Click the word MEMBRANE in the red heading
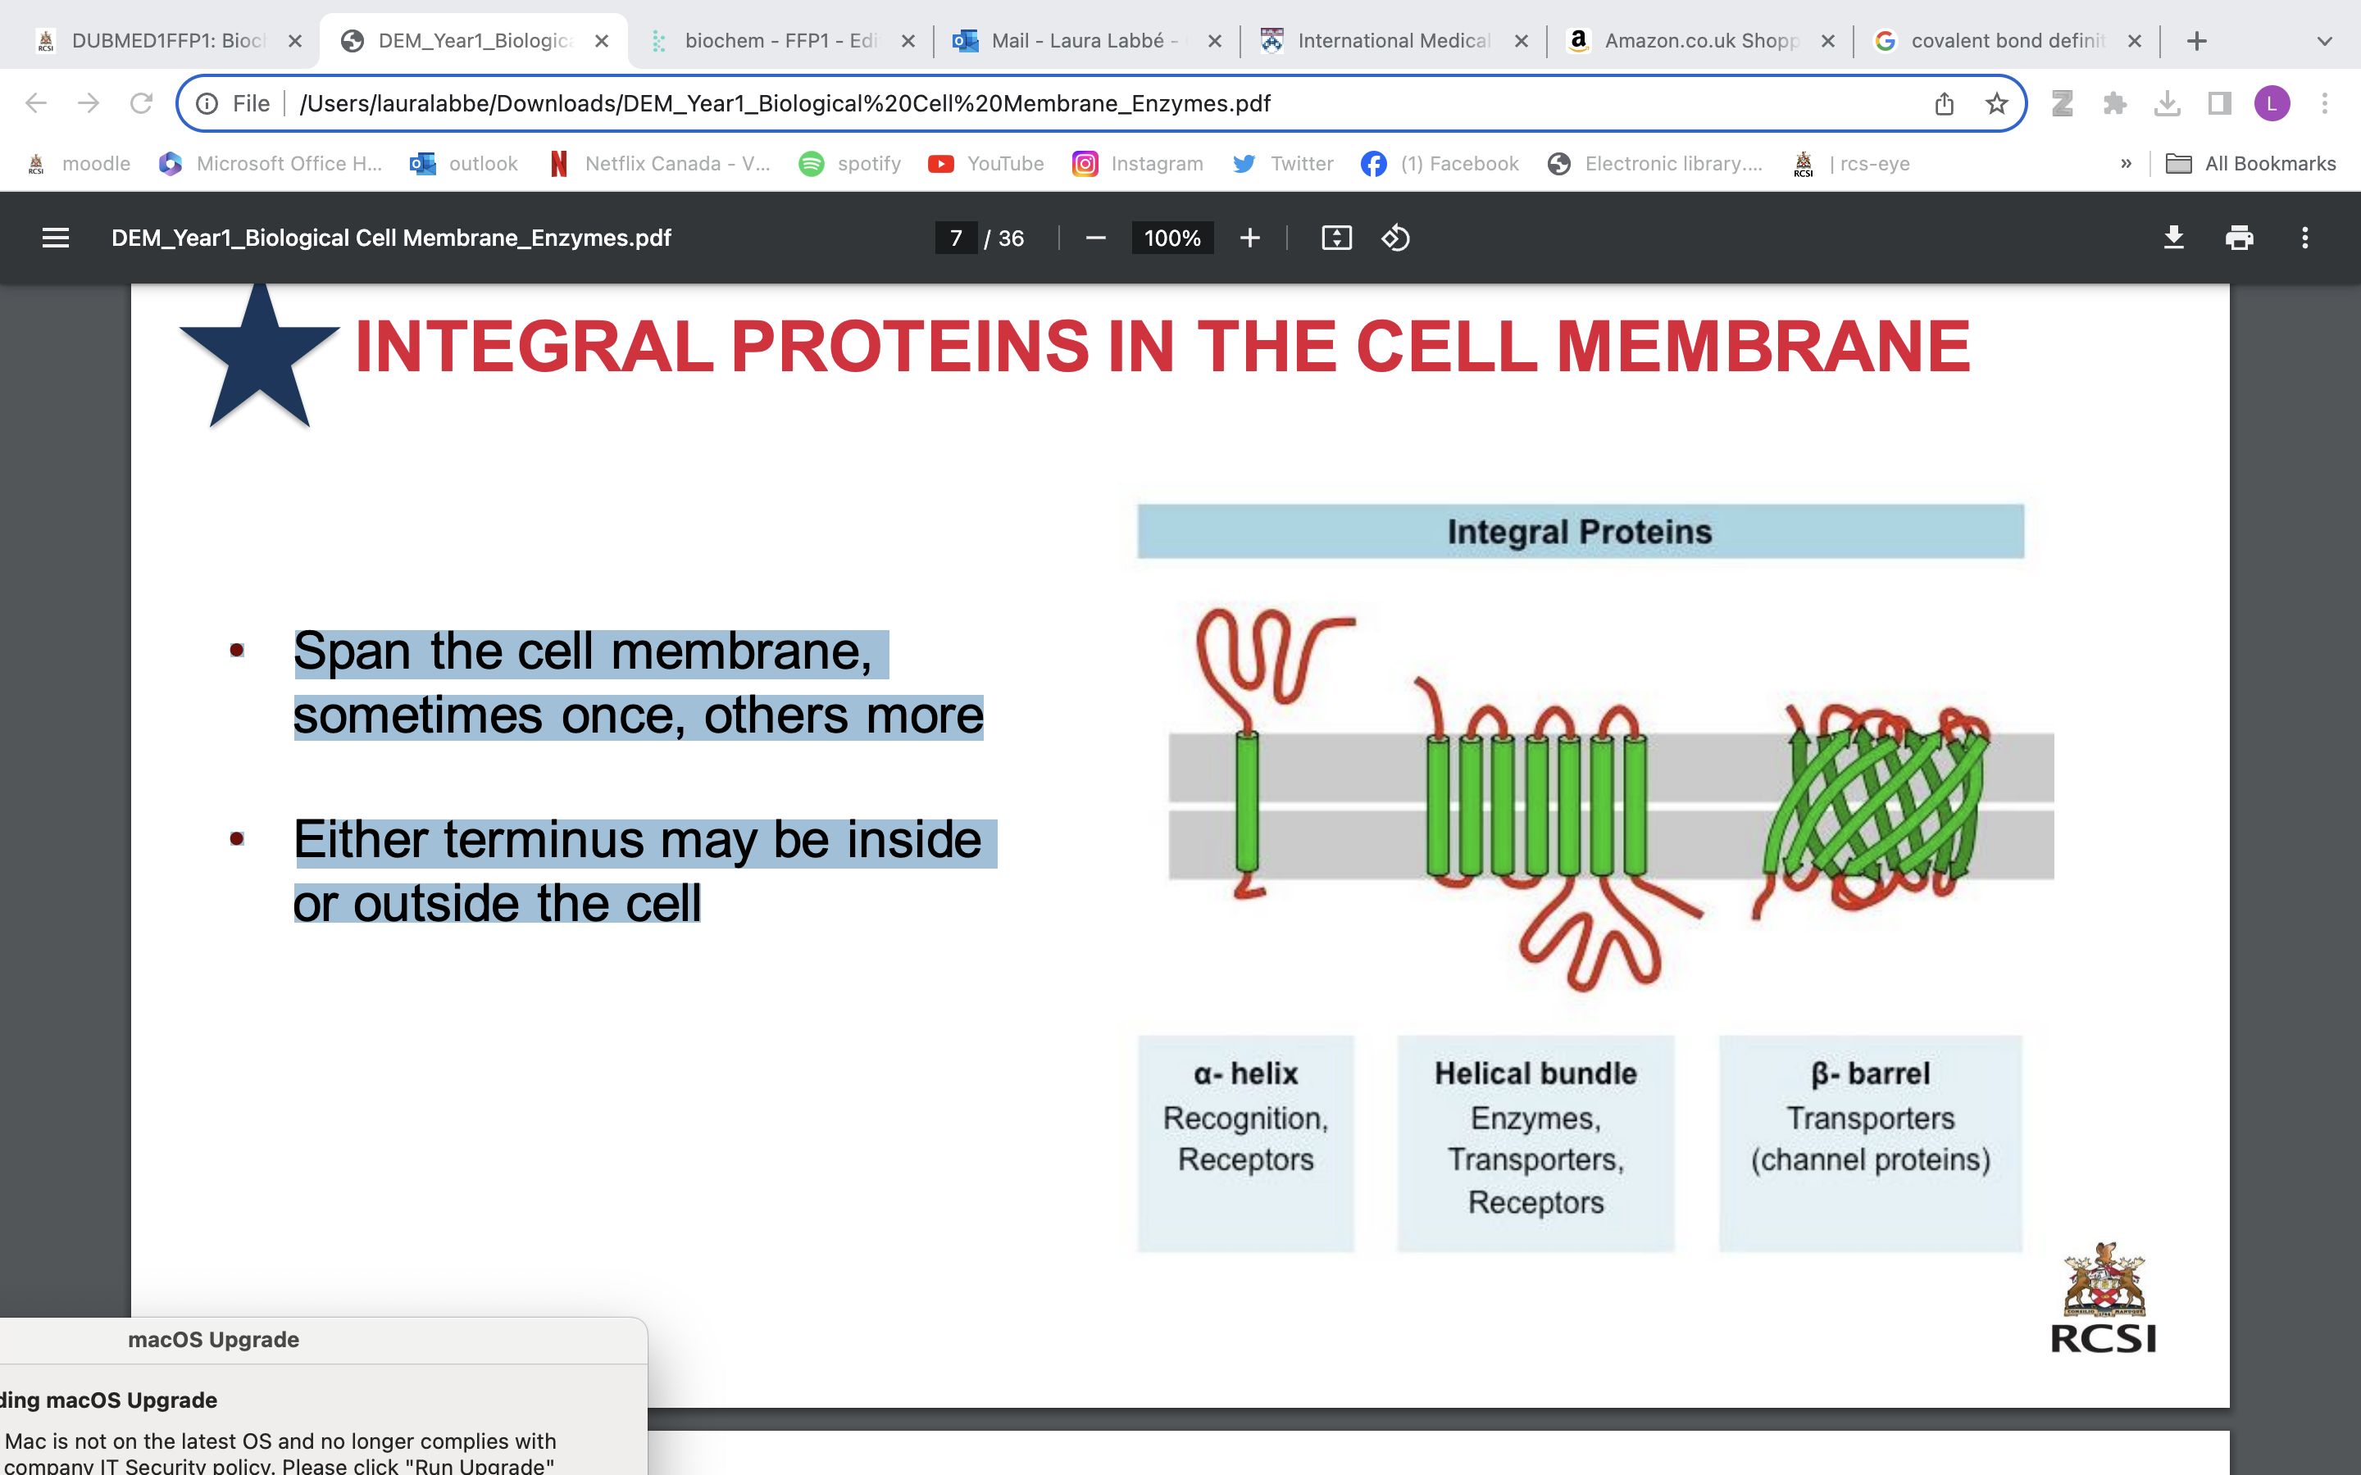pyautogui.click(x=1762, y=347)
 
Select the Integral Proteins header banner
pyautogui.click(x=1580, y=532)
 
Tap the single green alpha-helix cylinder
pyautogui.click(x=1246, y=802)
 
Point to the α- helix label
pyautogui.click(x=1246, y=1073)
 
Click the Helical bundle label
pyautogui.click(x=1535, y=1073)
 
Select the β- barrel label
pyautogui.click(x=1869, y=1073)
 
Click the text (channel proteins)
pyautogui.click(x=1869, y=1160)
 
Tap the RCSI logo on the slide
pyautogui.click(x=2104, y=1300)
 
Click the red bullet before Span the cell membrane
pyautogui.click(x=237, y=650)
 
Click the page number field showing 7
pyautogui.click(x=956, y=238)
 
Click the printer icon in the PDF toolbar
pyautogui.click(x=2239, y=238)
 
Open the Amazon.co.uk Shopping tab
pyautogui.click(x=1699, y=41)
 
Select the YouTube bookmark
pyautogui.click(x=986, y=164)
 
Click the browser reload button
pyautogui.click(x=142, y=103)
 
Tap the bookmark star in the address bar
pyautogui.click(x=1996, y=103)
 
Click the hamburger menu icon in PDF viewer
pyautogui.click(x=56, y=238)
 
